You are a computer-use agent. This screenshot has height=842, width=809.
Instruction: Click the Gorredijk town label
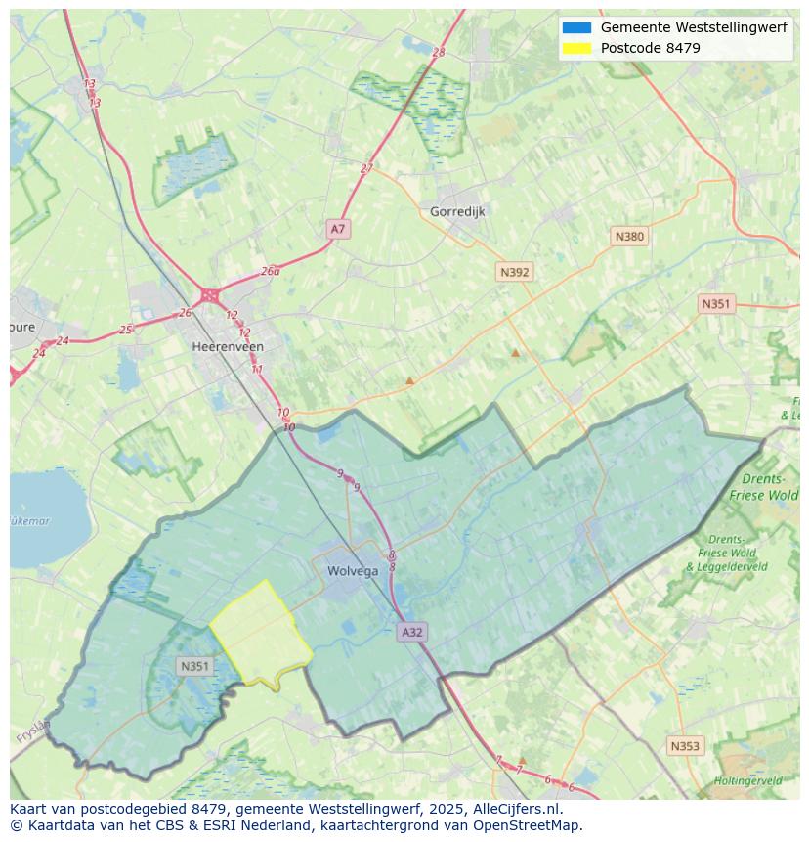pos(457,211)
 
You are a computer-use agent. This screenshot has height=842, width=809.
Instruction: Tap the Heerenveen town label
pos(228,346)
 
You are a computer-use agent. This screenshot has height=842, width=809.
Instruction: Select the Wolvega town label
pos(353,571)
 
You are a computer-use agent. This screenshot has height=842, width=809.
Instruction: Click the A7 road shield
pos(337,229)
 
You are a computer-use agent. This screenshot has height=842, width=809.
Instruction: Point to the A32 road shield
pos(412,632)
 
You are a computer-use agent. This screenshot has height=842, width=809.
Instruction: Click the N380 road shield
pos(629,236)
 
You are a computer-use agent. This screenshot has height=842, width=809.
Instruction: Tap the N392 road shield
pos(514,272)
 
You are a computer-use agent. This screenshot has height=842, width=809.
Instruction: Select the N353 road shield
pos(684,746)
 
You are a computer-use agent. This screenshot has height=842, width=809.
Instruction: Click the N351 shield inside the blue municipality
pos(194,666)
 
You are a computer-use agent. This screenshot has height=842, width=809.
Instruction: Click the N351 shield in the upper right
pos(715,304)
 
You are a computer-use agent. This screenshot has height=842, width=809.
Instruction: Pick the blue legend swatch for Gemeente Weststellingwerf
pos(576,27)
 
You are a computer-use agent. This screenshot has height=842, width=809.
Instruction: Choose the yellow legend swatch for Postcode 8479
pos(576,48)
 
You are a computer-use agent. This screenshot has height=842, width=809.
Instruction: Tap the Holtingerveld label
pos(747,781)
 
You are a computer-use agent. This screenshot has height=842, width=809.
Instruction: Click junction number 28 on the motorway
pos(438,53)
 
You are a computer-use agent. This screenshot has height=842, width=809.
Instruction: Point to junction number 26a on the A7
pos(271,272)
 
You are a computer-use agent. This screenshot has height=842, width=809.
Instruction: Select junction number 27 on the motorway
pos(366,168)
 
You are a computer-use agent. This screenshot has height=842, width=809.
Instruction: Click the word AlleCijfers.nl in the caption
pos(515,809)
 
